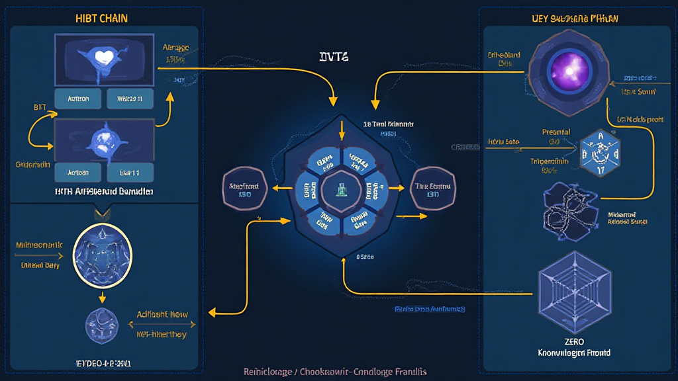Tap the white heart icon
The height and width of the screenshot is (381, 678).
click(103, 58)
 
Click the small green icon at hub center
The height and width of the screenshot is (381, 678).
click(342, 190)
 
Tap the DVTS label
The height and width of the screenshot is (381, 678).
click(334, 58)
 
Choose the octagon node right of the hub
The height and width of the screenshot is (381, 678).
click(433, 190)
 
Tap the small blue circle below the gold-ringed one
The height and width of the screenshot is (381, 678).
click(102, 326)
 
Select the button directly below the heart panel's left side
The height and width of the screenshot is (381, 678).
click(78, 99)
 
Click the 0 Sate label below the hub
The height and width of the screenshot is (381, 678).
click(365, 256)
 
